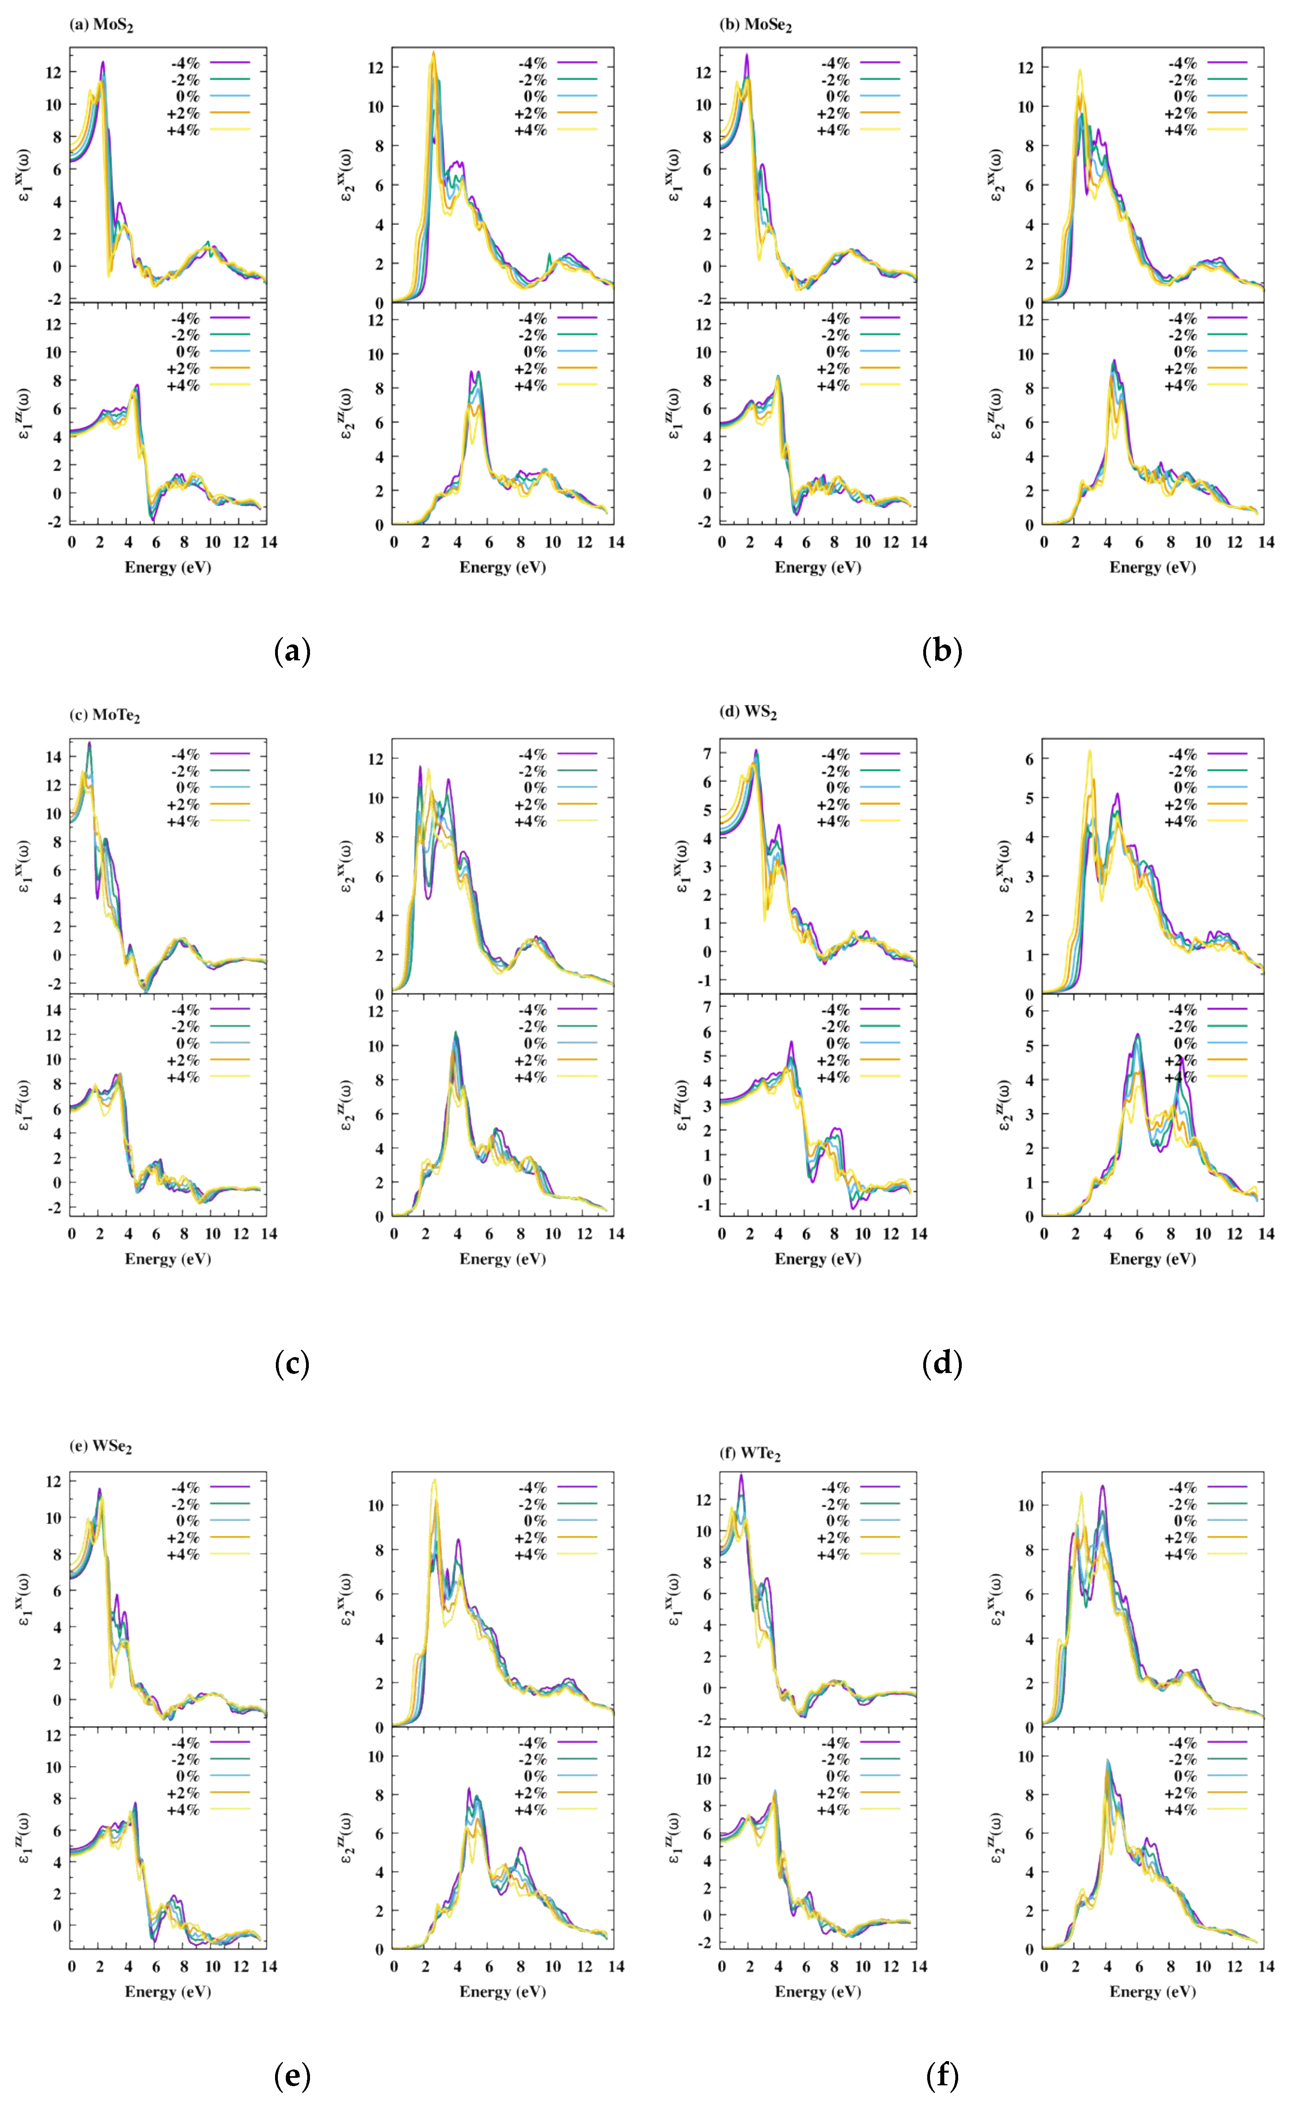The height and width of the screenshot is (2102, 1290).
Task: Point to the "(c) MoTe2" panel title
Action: point(104,715)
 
